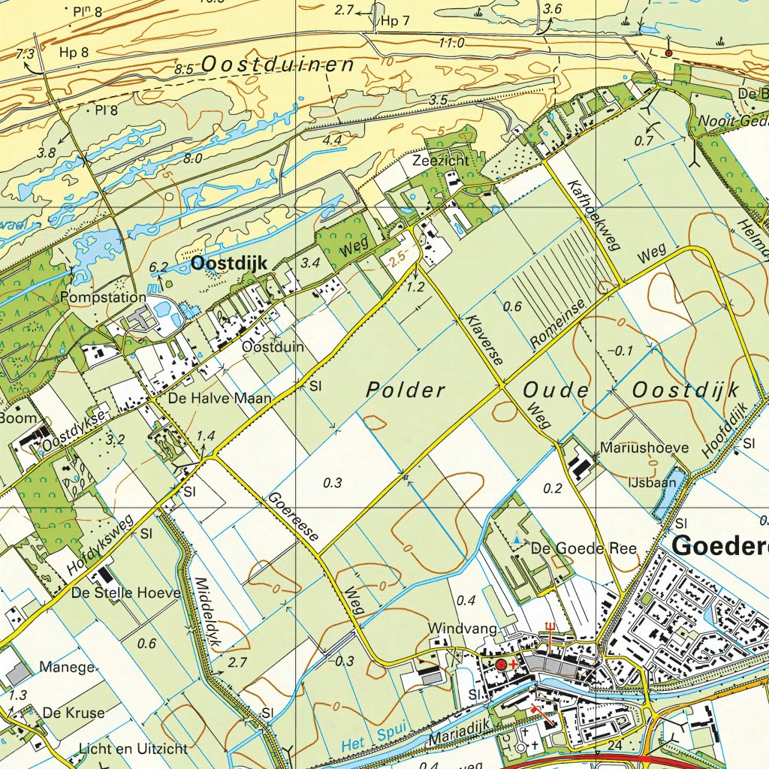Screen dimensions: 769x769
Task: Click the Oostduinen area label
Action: tap(278, 65)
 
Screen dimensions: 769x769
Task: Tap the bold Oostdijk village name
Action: tap(230, 263)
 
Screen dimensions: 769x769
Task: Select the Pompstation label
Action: tap(104, 297)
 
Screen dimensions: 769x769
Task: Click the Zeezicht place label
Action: tap(439, 161)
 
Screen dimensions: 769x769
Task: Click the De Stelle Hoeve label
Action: tap(126, 593)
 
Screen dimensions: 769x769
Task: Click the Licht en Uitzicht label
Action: tap(133, 748)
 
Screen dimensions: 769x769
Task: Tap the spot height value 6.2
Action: tap(158, 267)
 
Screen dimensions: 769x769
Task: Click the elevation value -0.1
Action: tap(620, 351)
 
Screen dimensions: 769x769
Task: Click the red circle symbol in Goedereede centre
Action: tap(501, 665)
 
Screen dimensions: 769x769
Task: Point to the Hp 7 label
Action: tap(395, 21)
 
